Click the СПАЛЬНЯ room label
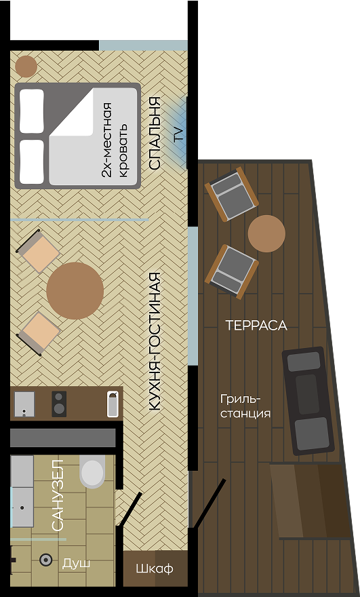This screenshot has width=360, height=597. [155, 134]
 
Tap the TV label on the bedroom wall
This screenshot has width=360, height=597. [179, 134]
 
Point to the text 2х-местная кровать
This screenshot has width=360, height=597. [115, 140]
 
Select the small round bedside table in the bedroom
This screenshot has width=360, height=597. [26, 66]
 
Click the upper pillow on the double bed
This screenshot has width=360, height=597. [32, 111]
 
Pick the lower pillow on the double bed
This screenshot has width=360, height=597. [32, 161]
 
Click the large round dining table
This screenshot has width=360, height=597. [75, 290]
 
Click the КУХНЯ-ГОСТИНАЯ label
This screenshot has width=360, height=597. [155, 341]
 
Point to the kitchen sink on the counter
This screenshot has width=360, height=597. [24, 404]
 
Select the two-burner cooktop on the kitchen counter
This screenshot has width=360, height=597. [60, 404]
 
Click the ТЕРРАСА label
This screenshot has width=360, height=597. [256, 326]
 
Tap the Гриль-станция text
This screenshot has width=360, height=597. [245, 406]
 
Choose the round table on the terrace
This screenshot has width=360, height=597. [266, 234]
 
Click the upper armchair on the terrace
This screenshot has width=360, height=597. [232, 193]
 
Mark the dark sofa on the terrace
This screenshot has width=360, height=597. [308, 400]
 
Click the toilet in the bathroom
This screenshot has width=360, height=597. [92, 470]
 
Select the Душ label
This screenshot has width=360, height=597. [76, 563]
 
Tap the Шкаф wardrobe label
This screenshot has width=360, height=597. [155, 569]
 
